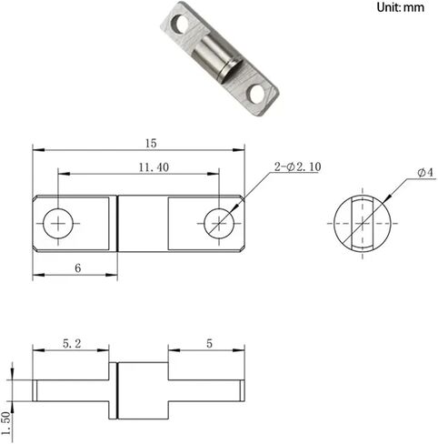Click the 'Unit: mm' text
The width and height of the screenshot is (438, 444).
pyautogui.click(x=401, y=8)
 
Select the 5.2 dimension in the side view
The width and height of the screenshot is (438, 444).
pyautogui.click(x=73, y=344)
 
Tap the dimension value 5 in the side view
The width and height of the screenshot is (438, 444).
pyautogui.click(x=208, y=344)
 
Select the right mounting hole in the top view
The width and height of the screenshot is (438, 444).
pyautogui.click(x=218, y=221)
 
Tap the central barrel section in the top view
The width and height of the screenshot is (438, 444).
pyautogui.click(x=144, y=221)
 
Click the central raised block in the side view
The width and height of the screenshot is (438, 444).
pyautogui.click(x=142, y=390)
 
